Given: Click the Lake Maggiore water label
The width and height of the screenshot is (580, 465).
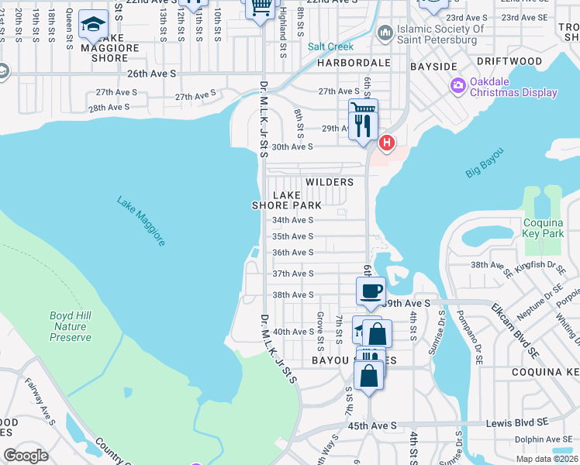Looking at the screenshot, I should tap(141, 222).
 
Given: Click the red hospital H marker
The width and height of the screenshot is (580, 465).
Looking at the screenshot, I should tap(386, 143).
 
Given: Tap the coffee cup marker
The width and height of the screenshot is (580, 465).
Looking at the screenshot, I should tap(371, 291).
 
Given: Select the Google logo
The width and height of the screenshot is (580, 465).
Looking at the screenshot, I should tap(26, 455).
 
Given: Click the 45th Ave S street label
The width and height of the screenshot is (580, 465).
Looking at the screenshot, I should tap(371, 425).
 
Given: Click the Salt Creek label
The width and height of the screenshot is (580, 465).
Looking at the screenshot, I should tap(330, 46).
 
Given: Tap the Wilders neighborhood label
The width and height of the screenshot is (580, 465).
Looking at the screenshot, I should tap(330, 182).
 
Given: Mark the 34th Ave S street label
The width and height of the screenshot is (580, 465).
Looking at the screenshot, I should tap(292, 220).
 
